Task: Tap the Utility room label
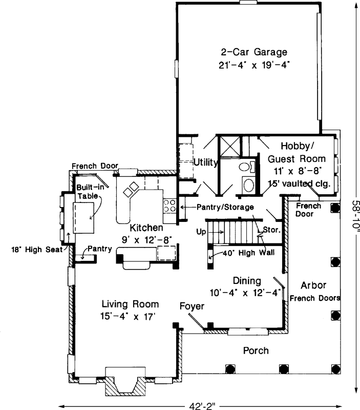206,163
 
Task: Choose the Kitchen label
146,227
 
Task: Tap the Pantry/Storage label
225,207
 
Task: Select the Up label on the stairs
201,232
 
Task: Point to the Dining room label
247,281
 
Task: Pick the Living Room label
130,304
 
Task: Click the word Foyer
192,306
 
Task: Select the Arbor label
313,285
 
